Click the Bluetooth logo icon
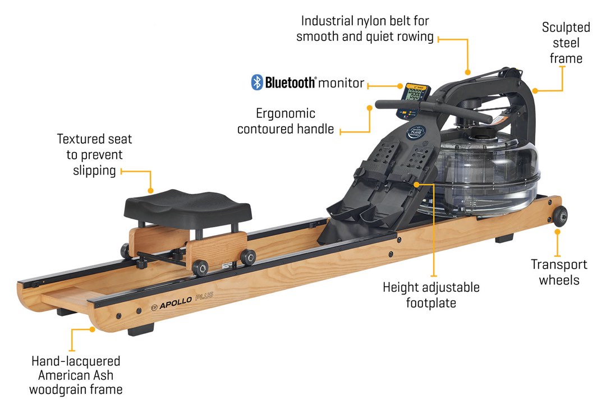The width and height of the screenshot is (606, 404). click(257, 82)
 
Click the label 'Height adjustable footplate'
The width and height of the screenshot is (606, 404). click(431, 295)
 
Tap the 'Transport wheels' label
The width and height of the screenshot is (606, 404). click(559, 272)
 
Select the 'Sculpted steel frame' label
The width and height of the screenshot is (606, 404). click(566, 43)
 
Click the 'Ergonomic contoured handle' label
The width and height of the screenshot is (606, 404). click(286, 121)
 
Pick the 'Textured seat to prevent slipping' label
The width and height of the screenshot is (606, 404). click(95, 154)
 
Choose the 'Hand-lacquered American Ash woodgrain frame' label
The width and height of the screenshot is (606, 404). click(76, 374)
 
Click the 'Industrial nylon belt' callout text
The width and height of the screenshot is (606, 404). click(365, 29)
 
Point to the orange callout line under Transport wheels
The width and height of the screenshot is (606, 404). click(557, 242)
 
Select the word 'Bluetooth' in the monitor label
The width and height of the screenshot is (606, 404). click(291, 83)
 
